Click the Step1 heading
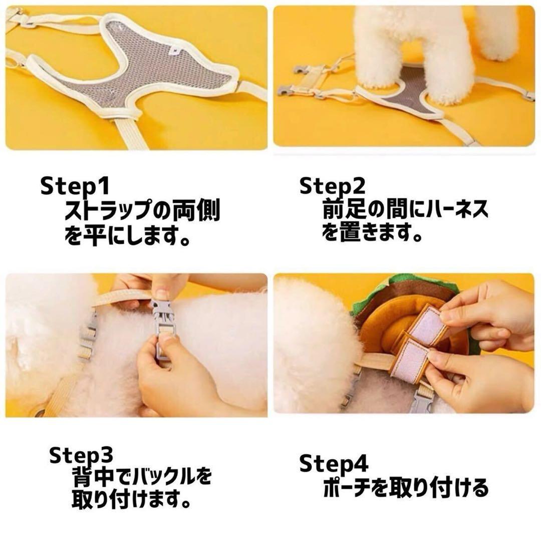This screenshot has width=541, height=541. (x=75, y=186)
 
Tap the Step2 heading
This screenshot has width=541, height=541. (x=332, y=186)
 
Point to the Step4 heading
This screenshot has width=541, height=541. (x=334, y=463)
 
